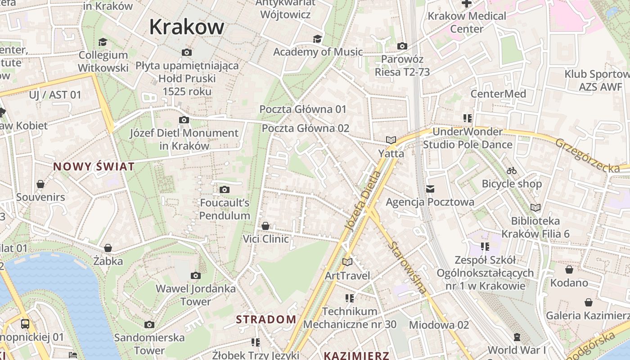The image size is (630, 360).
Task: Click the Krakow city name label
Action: (x=186, y=27)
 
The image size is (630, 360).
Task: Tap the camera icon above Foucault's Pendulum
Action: (x=225, y=190)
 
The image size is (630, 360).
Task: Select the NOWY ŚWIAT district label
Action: (x=94, y=166)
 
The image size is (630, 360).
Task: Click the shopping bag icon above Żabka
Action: (x=108, y=248)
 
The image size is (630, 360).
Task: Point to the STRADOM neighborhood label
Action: (x=266, y=319)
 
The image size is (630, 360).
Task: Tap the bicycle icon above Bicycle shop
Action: (x=512, y=171)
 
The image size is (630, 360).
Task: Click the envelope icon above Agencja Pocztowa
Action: (x=430, y=189)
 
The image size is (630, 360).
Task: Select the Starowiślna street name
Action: (x=409, y=268)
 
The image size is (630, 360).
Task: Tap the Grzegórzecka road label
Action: (x=587, y=156)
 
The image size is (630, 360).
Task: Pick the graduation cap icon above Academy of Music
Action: (x=318, y=39)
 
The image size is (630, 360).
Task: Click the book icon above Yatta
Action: (x=391, y=140)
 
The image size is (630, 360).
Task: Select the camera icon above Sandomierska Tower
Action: (x=149, y=324)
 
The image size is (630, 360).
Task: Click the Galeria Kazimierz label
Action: (x=588, y=315)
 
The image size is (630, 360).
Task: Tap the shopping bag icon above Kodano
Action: (x=569, y=270)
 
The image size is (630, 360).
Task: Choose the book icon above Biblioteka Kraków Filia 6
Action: (x=535, y=207)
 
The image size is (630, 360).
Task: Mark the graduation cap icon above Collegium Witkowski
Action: (x=103, y=42)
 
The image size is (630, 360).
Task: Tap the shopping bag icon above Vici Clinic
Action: (x=265, y=225)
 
